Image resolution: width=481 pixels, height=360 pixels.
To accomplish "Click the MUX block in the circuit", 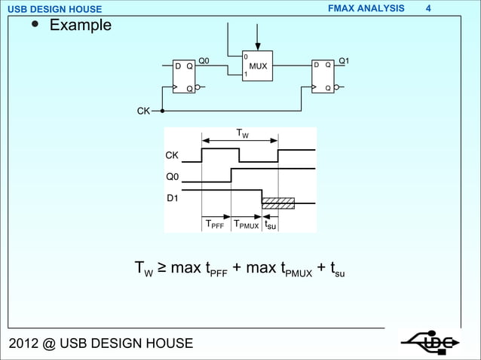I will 256,66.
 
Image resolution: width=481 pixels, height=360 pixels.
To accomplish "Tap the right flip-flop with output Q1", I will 323,76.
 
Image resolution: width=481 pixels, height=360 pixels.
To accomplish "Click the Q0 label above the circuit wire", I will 204,60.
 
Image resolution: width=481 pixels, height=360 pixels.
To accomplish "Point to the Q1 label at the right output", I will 344,60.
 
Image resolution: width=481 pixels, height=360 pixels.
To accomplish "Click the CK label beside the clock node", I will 142,111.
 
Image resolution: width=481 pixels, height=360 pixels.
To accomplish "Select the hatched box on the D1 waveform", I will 277,203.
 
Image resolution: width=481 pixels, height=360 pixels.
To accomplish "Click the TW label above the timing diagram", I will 242,134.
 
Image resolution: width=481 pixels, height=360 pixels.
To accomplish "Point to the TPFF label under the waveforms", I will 215,224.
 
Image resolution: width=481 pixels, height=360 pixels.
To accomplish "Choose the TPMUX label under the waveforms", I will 247,224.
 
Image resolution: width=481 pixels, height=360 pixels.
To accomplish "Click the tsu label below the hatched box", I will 271,224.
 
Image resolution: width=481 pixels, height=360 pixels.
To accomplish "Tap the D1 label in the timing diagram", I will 173,198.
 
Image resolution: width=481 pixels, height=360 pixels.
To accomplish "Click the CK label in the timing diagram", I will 173,156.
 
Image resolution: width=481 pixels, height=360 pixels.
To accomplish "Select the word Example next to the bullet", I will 80,26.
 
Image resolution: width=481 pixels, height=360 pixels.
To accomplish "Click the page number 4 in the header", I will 449,8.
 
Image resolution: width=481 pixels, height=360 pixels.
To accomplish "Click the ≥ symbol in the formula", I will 161,267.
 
